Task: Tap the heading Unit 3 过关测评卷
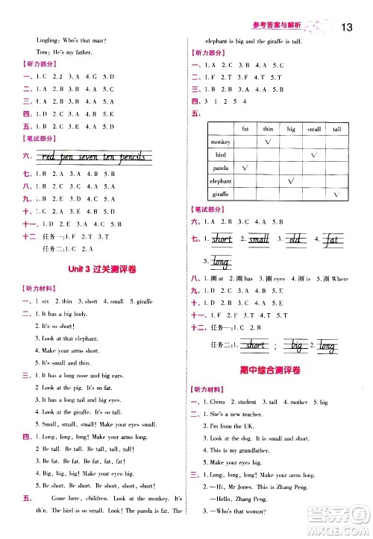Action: click(95, 268)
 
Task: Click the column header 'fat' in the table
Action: click(247, 128)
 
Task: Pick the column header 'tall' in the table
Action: click(336, 128)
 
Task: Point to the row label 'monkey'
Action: click(221, 142)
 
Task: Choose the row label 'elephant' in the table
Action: click(221, 181)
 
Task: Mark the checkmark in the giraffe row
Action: click(336, 194)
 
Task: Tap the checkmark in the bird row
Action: click(314, 154)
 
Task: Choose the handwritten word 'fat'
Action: click(332, 239)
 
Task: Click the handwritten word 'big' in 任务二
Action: click(297, 346)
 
